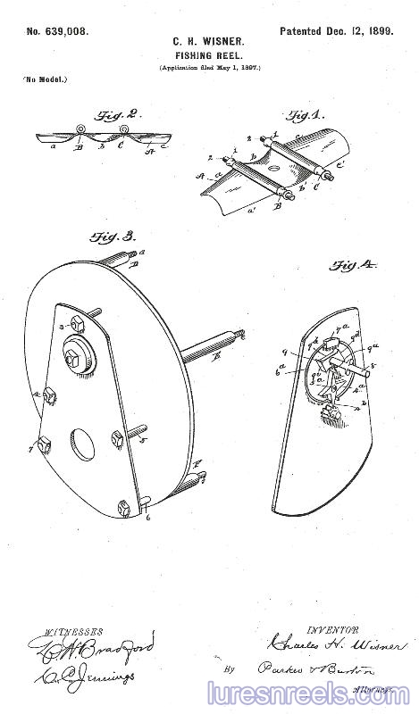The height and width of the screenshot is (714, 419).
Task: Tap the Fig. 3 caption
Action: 114,237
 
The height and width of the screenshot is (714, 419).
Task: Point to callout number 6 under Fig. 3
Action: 147,516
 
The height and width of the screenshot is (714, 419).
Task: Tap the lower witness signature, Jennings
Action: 84,677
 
